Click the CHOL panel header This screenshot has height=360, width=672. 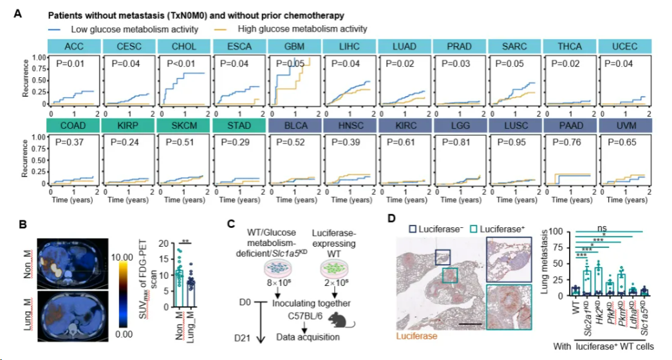tap(183, 46)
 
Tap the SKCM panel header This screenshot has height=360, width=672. tap(183, 127)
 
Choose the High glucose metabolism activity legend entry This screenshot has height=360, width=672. tap(302, 29)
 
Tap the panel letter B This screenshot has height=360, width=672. tap(23, 225)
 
